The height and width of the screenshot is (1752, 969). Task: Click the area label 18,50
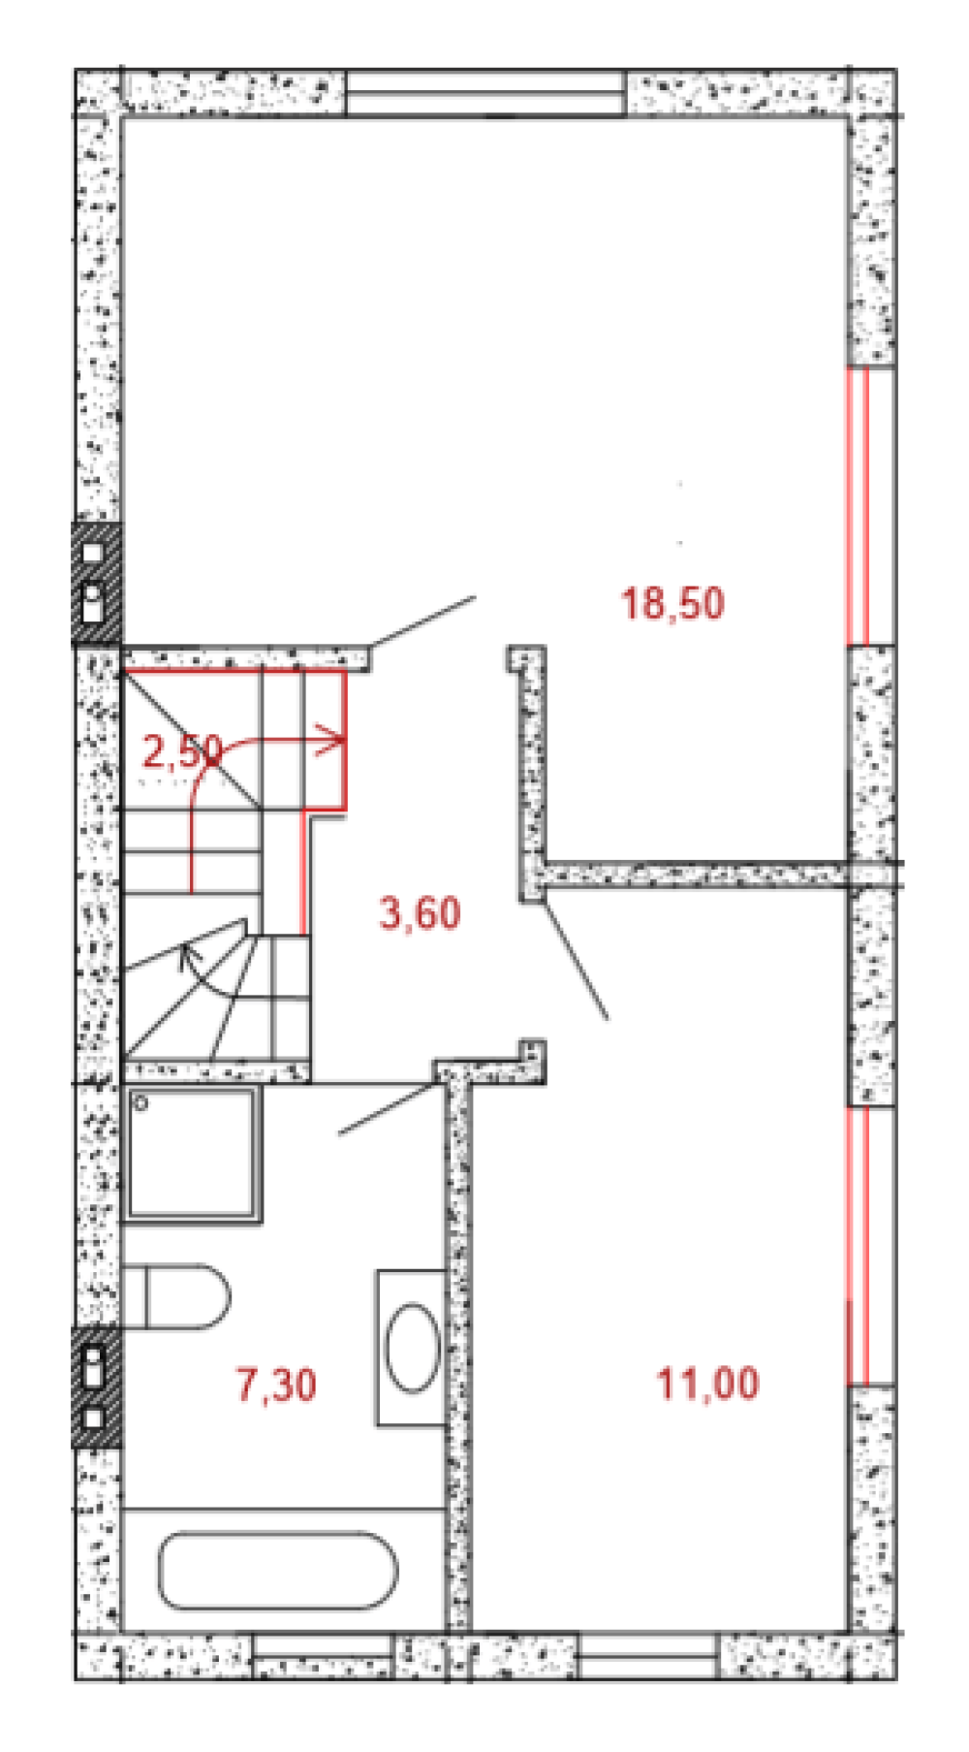point(672,603)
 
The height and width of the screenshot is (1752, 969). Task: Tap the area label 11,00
point(707,1383)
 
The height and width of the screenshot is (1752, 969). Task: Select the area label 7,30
point(276,1385)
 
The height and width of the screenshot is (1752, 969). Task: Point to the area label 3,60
point(420,913)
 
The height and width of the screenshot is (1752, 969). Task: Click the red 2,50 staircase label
point(182,751)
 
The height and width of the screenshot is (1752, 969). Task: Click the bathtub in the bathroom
point(277,1571)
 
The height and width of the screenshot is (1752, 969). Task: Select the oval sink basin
point(413,1349)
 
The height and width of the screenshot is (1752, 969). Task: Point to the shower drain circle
point(141,1102)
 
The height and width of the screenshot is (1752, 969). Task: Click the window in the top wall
point(485,93)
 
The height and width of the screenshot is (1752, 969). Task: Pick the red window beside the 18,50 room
point(870,506)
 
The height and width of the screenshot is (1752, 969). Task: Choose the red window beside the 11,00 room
point(870,1246)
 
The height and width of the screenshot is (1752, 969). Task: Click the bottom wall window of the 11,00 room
point(648,1657)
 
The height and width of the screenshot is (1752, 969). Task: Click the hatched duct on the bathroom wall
point(97,1388)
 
